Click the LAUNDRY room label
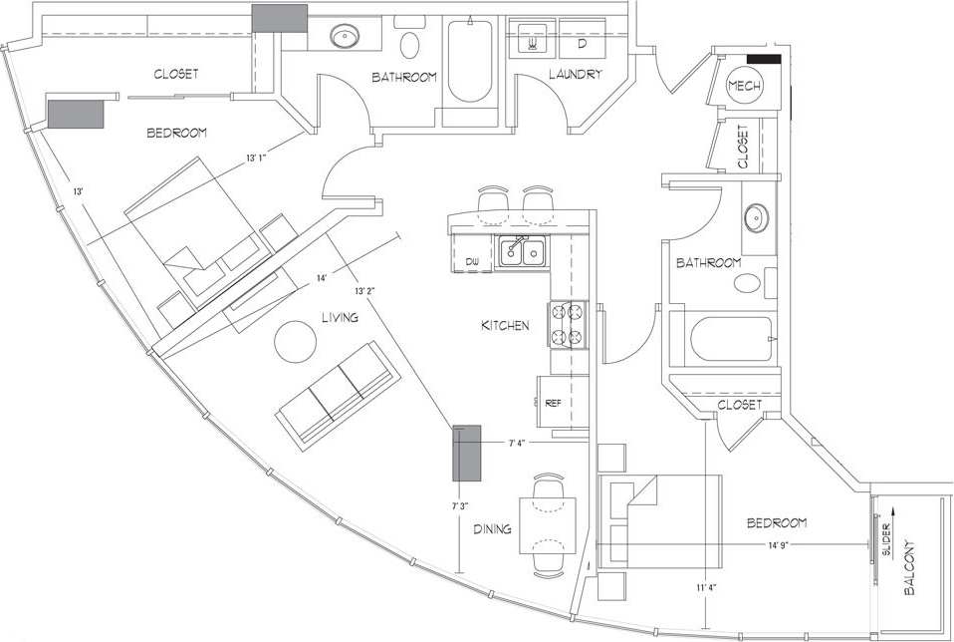(x=575, y=75)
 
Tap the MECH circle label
(x=744, y=88)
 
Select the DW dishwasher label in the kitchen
(x=473, y=262)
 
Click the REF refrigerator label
(x=553, y=404)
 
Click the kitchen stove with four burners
(x=567, y=324)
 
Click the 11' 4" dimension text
(x=705, y=589)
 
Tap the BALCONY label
(x=910, y=568)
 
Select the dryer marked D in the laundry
(x=582, y=43)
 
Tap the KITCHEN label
(x=505, y=326)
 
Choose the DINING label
(x=492, y=529)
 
